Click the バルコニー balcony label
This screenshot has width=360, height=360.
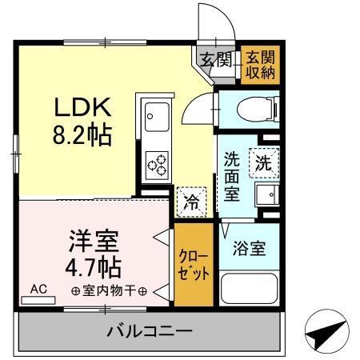click(x=150, y=330)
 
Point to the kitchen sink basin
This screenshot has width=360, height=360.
click(x=155, y=118)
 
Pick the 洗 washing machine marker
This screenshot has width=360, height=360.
click(x=263, y=162)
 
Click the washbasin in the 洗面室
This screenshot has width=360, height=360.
click(x=266, y=194)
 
